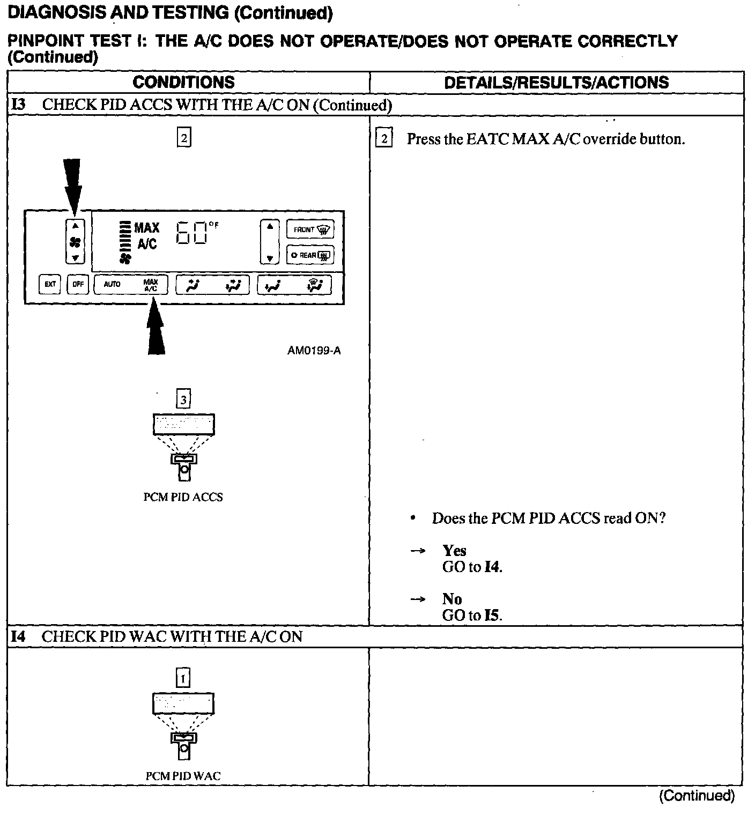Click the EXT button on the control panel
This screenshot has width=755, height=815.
(x=50, y=284)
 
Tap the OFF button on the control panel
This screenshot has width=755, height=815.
(x=78, y=284)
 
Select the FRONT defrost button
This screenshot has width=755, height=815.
(x=310, y=229)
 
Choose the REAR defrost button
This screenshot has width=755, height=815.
(x=310, y=255)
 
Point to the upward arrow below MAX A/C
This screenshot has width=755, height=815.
(x=156, y=327)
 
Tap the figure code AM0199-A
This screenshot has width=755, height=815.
(x=314, y=351)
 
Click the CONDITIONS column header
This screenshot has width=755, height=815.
(x=183, y=82)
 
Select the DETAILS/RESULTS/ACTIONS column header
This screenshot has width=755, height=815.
(x=557, y=82)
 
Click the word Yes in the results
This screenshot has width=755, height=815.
(x=454, y=551)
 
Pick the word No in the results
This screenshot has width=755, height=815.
(x=452, y=599)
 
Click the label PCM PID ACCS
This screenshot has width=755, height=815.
(x=183, y=497)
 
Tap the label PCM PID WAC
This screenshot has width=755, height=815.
(x=183, y=776)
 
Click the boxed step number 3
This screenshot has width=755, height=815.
(x=183, y=399)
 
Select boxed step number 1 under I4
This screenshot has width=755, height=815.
(x=183, y=679)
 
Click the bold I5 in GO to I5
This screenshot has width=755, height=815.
(x=492, y=615)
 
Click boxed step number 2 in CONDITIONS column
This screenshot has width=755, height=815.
(x=183, y=138)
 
